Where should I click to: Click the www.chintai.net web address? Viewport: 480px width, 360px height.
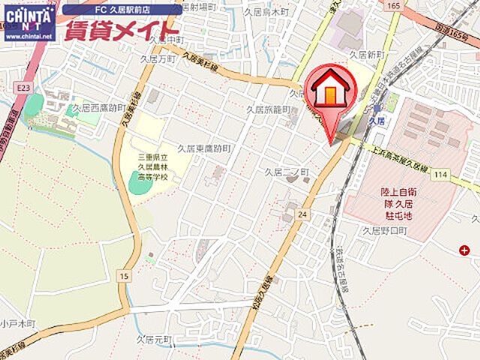pyautogui.click(x=28, y=35)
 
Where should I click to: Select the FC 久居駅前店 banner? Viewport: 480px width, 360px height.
pyautogui.click(x=121, y=10)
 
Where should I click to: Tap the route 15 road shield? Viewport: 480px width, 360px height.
pyautogui.click(x=123, y=277)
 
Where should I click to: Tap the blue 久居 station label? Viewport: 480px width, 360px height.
pyautogui.click(x=377, y=120)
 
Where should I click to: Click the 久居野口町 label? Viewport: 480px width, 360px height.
pyautogui.click(x=384, y=231)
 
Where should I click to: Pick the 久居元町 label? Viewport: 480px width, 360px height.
pyautogui.click(x=155, y=340)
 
